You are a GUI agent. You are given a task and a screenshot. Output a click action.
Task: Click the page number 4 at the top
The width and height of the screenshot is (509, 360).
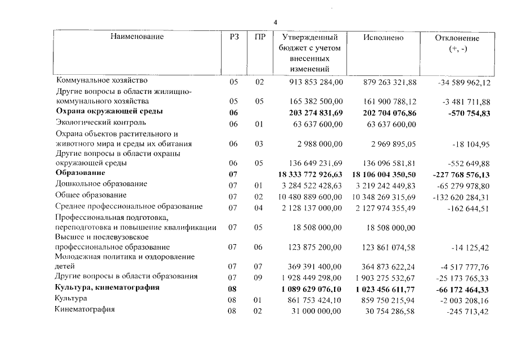(275, 22)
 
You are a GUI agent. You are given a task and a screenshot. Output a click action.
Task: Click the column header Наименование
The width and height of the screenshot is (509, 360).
(137, 37)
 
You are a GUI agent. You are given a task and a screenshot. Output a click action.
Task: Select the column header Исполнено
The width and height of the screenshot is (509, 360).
(383, 38)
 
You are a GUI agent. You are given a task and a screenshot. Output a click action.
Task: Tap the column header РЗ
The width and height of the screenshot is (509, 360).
(235, 37)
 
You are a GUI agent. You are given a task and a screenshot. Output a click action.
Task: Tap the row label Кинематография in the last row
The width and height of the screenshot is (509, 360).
(85, 309)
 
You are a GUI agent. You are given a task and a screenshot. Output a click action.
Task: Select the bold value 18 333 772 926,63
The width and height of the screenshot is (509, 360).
(310, 175)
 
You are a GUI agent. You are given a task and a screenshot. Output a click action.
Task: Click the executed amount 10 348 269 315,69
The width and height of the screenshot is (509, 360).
(384, 196)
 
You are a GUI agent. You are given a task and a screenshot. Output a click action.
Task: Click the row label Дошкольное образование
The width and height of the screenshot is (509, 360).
(101, 184)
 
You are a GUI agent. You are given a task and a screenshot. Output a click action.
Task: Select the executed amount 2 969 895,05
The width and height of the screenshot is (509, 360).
(391, 144)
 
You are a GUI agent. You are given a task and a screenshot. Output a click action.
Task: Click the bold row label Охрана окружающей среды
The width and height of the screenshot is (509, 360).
(109, 111)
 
